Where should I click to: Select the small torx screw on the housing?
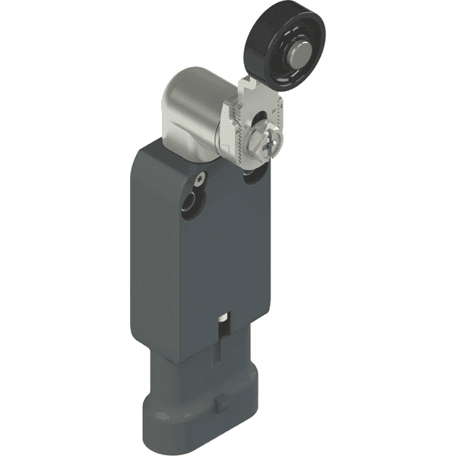pos(199,179)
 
